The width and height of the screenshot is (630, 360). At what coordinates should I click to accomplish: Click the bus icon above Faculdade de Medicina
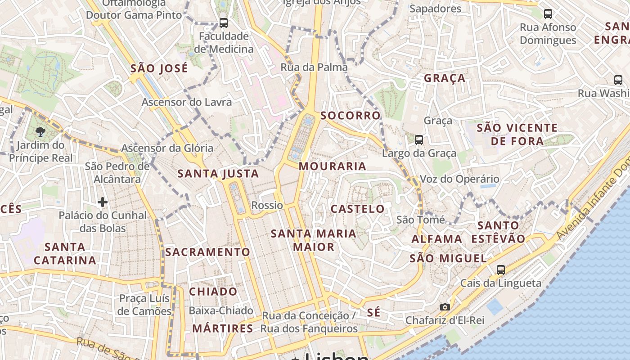223,22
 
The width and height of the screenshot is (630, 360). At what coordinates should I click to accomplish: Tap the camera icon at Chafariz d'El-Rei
445,307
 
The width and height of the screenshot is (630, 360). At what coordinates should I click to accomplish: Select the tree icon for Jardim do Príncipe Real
40,132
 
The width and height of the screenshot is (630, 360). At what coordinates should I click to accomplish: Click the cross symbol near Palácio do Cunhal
103,202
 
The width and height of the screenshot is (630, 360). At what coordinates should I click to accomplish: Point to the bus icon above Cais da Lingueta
501,270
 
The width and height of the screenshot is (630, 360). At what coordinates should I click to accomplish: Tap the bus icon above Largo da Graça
419,140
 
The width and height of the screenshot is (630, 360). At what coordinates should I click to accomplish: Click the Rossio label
267,206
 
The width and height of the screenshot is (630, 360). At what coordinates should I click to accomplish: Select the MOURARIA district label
333,166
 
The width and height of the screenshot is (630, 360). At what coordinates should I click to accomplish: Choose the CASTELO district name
358,209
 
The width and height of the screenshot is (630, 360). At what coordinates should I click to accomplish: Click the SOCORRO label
351,116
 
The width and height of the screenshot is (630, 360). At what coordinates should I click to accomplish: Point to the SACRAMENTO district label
207,252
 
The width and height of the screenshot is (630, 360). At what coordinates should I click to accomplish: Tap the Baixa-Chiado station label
221,310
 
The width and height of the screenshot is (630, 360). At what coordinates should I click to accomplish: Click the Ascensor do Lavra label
187,102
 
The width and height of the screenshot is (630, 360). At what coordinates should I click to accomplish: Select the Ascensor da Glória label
167,148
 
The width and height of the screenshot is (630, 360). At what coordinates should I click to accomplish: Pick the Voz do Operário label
459,179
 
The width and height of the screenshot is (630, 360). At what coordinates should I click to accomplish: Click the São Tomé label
420,220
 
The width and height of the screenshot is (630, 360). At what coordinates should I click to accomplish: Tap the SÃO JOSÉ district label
159,69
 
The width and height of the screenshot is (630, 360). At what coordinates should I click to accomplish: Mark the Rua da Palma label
314,67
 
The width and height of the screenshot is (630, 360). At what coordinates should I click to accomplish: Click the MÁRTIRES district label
223,328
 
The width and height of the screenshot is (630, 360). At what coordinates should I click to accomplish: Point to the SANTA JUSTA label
218,174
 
